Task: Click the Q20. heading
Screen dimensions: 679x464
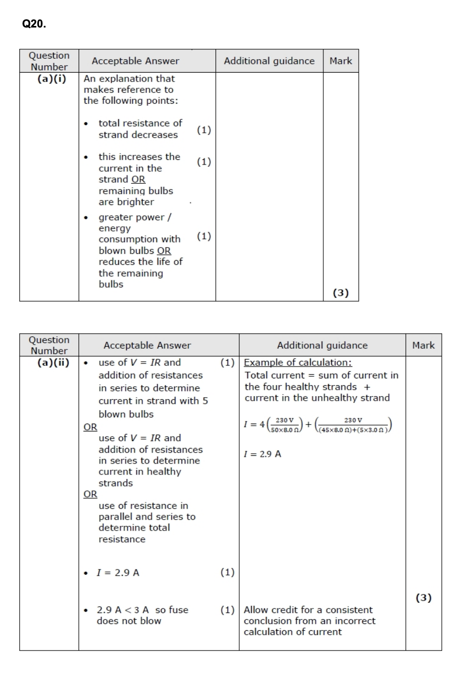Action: coord(34,24)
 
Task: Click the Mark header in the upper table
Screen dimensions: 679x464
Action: coord(340,61)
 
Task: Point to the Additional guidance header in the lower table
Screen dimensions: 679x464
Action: coord(322,345)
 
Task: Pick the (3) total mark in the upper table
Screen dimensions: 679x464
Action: coord(340,293)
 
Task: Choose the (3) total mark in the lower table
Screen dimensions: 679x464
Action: coord(424,597)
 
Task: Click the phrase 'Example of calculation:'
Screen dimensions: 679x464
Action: coord(298,363)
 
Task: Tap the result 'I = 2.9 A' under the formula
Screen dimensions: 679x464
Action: coord(263,454)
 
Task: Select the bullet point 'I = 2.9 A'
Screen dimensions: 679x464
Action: coord(118,573)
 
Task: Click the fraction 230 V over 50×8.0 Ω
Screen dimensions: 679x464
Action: coord(284,425)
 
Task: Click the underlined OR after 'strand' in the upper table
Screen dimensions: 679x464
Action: coord(138,180)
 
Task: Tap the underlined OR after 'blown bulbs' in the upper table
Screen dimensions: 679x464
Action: coord(164,251)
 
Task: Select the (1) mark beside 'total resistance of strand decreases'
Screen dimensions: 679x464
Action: coord(204,130)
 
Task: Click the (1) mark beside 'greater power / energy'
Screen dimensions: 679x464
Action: coord(204,236)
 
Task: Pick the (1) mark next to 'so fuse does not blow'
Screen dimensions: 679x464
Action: coord(227,610)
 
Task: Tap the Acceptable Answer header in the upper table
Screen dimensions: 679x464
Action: coord(135,61)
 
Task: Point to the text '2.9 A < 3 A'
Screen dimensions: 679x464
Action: coord(124,610)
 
